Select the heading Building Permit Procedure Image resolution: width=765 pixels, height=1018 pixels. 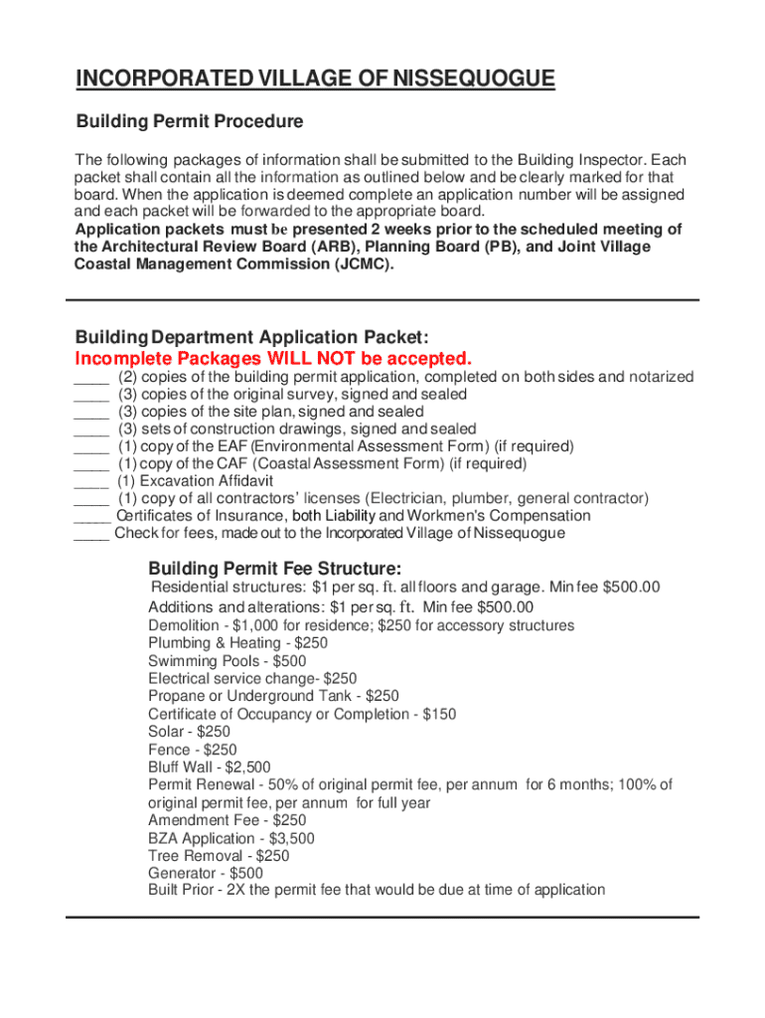click(190, 122)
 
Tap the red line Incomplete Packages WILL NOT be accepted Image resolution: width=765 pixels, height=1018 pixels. click(273, 358)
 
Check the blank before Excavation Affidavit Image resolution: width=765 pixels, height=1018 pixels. click(91, 481)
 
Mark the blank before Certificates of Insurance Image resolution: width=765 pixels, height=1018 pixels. click(91, 516)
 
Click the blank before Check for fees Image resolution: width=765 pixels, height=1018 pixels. click(91, 534)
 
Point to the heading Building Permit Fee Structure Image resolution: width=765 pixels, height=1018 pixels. click(275, 569)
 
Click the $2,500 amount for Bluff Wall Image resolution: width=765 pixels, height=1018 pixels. click(247, 767)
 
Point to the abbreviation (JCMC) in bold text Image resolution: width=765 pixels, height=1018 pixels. click(356, 264)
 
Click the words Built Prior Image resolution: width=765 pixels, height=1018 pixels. click(181, 891)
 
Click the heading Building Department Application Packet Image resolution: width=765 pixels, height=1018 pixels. click(251, 337)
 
